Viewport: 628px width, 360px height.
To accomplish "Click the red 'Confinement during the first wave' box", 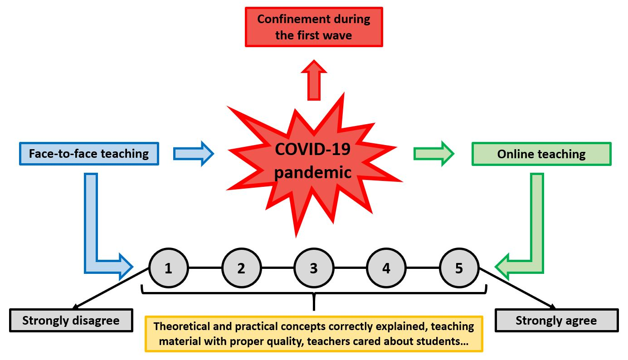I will click(x=314, y=27).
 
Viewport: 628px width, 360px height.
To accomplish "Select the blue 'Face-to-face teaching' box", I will click(x=89, y=154).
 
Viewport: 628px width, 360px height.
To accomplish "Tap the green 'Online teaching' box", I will click(x=541, y=154).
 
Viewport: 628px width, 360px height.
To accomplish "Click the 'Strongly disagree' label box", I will click(x=71, y=321).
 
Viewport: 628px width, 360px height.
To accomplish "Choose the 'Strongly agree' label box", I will click(x=556, y=321).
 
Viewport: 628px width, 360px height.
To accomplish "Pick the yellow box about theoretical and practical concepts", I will click(x=314, y=334).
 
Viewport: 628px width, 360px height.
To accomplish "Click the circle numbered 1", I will click(x=168, y=268).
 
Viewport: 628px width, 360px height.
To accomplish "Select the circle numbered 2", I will click(x=241, y=268).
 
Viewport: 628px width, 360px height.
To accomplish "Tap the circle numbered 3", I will click(x=314, y=268).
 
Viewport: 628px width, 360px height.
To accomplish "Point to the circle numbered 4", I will click(x=386, y=268).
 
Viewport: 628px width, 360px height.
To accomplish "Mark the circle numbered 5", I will click(x=459, y=268).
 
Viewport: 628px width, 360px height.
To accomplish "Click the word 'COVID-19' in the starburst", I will click(x=313, y=149).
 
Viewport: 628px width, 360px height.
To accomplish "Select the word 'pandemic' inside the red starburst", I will click(x=313, y=172).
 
